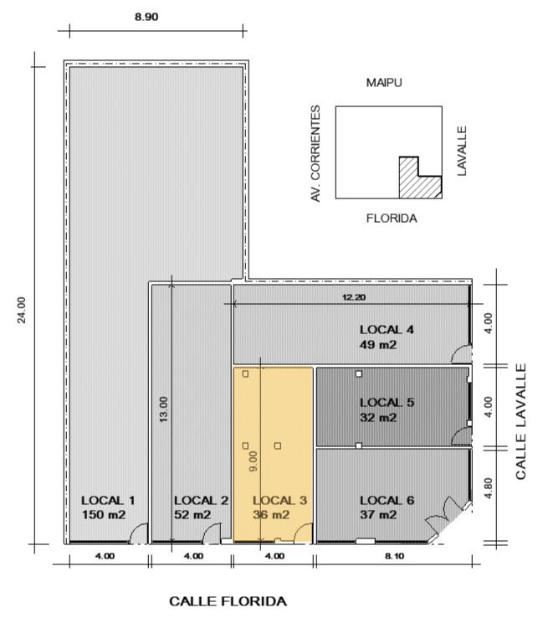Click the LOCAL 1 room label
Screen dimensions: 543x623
click(x=108, y=500)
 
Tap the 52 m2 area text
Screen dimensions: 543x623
click(x=192, y=515)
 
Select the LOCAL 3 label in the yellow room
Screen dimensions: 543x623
click(x=279, y=500)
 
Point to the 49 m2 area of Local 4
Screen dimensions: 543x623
click(x=378, y=344)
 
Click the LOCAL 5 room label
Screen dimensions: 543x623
click(x=387, y=403)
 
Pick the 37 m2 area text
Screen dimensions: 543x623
click(x=378, y=515)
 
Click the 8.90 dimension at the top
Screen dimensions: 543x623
click(x=146, y=17)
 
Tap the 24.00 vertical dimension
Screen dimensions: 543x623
click(x=22, y=311)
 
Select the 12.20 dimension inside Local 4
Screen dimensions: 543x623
click(x=354, y=297)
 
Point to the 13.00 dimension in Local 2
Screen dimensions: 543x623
click(x=163, y=409)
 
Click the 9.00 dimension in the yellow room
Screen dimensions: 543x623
click(x=253, y=461)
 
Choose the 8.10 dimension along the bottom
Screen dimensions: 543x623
click(x=395, y=556)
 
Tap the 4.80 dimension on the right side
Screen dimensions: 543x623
click(x=489, y=488)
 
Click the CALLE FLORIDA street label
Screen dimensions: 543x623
click(x=228, y=601)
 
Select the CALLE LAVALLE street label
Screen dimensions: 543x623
click(x=520, y=421)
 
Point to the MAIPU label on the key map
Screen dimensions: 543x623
click(x=384, y=83)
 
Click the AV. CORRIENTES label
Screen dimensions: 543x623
click(x=315, y=154)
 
